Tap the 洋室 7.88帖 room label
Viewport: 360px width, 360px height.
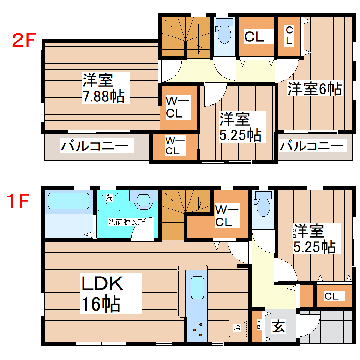tap(103, 88)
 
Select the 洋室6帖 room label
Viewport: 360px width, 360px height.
tap(314, 89)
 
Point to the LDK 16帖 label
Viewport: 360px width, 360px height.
tap(102, 293)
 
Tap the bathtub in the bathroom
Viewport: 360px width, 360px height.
tap(68, 201)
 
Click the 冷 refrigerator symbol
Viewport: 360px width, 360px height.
tap(237, 328)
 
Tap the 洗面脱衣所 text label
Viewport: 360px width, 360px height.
tap(126, 222)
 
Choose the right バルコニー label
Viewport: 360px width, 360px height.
tap(311, 145)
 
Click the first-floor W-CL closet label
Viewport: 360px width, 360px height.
tap(227, 216)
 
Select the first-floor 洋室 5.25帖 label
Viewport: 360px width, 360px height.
tap(314, 238)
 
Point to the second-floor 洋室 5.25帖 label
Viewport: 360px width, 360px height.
tap(240, 127)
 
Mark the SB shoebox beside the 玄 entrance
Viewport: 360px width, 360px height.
tap(258, 325)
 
